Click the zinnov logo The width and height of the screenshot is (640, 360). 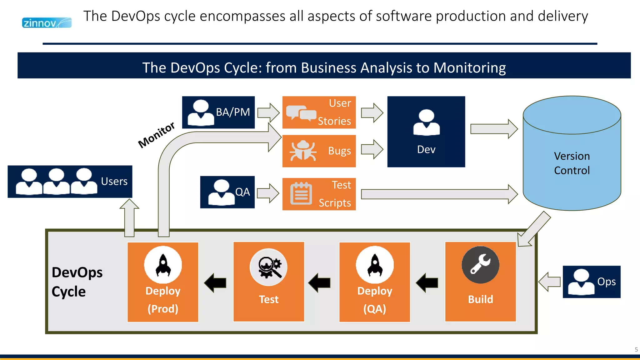coord(47,23)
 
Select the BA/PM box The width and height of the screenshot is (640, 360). coord(218,112)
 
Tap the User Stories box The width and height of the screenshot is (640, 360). coord(319,112)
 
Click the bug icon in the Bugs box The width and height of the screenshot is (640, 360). coord(302,151)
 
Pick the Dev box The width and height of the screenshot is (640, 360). coord(426,132)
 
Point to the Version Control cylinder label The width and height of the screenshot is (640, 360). coord(572,163)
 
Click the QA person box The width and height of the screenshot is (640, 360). coord(227,192)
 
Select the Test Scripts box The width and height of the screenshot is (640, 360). coord(319,194)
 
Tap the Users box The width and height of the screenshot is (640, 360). coord(70,182)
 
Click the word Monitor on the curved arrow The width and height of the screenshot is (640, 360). coord(156,135)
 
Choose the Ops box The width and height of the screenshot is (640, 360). coord(591,282)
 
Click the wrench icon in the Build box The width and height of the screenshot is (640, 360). coord(480,265)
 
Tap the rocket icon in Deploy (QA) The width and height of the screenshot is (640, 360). coord(375,265)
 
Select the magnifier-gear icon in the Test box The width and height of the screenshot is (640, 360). coord(269,267)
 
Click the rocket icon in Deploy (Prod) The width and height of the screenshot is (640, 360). coord(163,265)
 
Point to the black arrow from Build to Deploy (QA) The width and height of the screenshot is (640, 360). coord(427,283)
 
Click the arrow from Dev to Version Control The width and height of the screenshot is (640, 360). coord(494,129)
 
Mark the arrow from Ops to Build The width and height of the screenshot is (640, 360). coord(549,282)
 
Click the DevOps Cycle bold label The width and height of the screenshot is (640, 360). coord(77,282)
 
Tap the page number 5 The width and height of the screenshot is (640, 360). coord(636,350)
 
